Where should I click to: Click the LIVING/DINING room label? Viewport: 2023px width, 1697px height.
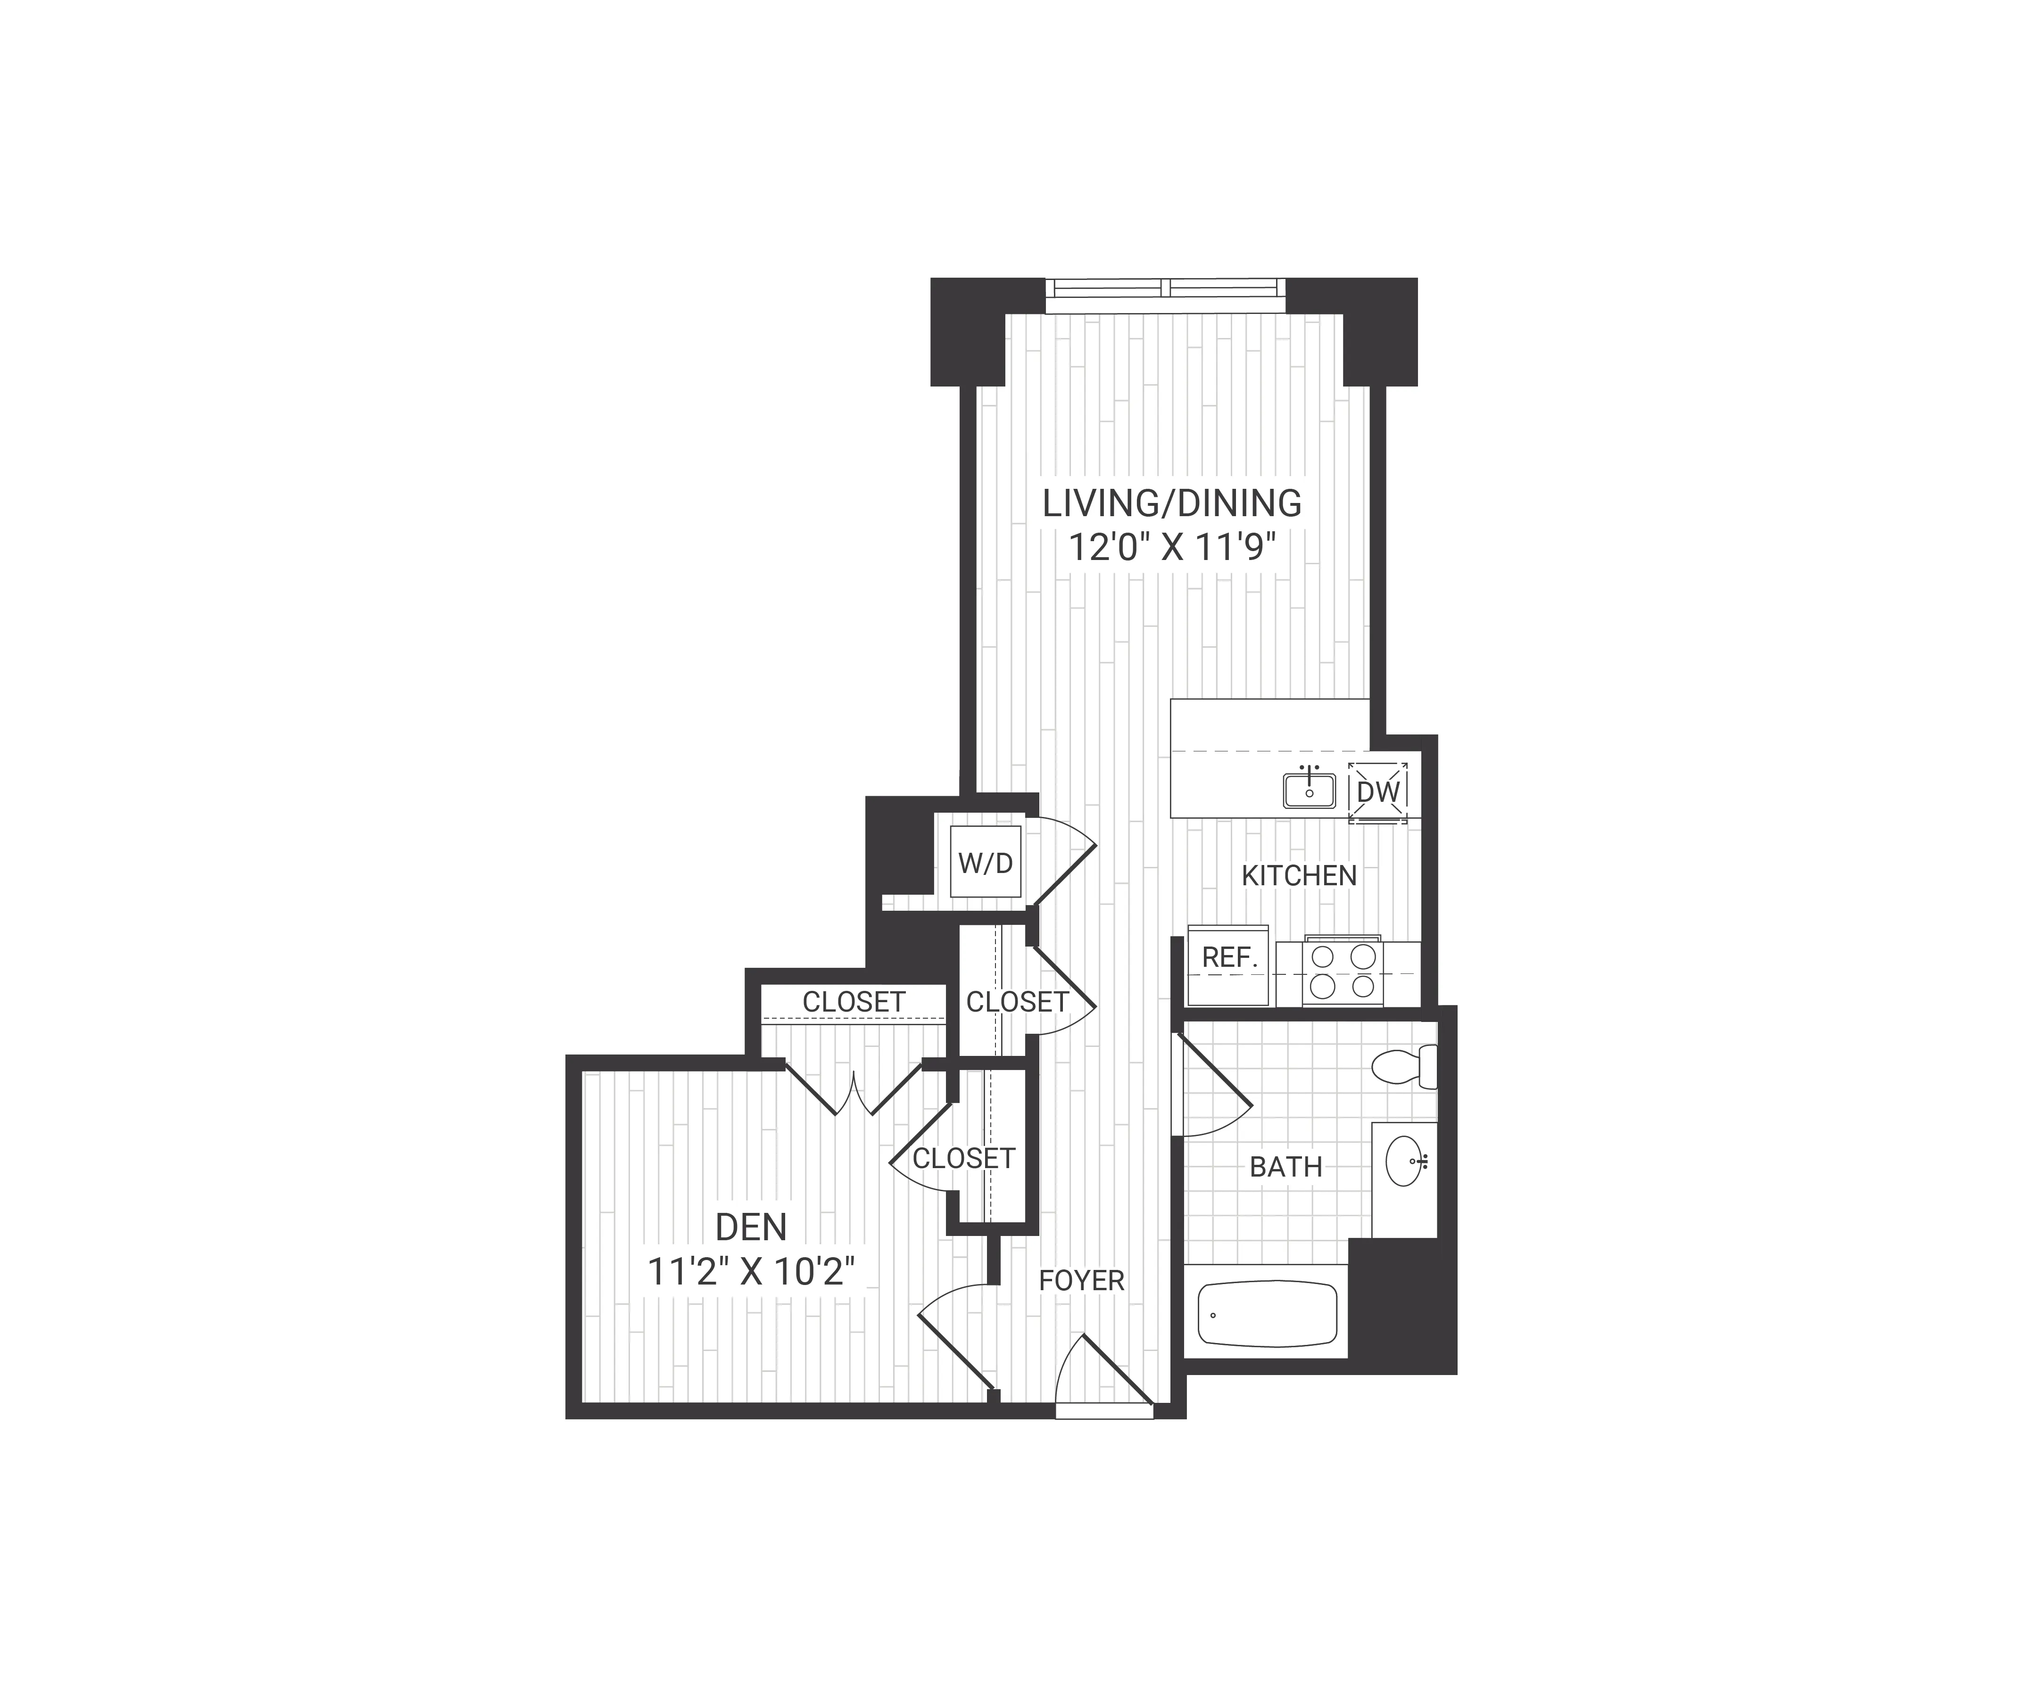(1172, 503)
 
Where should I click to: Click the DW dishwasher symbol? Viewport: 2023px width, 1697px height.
(1377, 791)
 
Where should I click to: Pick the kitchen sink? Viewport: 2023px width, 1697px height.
(1309, 790)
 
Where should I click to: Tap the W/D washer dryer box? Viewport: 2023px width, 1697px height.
(986, 862)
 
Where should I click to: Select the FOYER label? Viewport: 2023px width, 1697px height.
(1081, 1280)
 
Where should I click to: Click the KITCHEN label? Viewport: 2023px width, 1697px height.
(1299, 875)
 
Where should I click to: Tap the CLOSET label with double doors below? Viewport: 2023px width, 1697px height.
(854, 1002)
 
